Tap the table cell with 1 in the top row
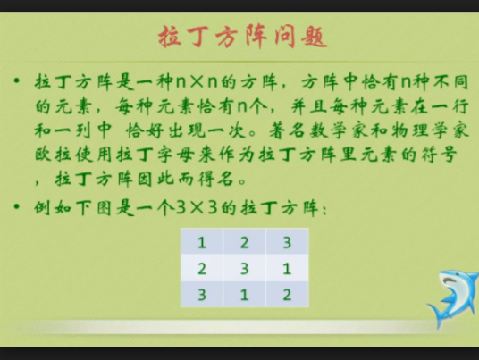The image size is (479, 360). [x=202, y=242]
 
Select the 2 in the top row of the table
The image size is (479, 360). [x=244, y=242]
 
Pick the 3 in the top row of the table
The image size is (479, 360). [x=286, y=242]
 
